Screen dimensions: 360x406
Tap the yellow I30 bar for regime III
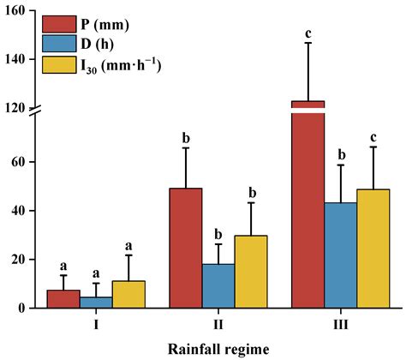point(373,249)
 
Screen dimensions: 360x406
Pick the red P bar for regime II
point(186,248)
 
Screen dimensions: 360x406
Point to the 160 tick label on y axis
point(18,11)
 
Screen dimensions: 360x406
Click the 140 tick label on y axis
point(18,60)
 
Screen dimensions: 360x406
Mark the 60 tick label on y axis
point(21,162)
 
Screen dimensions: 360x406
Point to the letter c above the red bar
point(308,33)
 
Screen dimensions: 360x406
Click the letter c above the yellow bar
point(373,138)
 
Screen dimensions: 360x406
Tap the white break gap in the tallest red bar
point(307,110)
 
